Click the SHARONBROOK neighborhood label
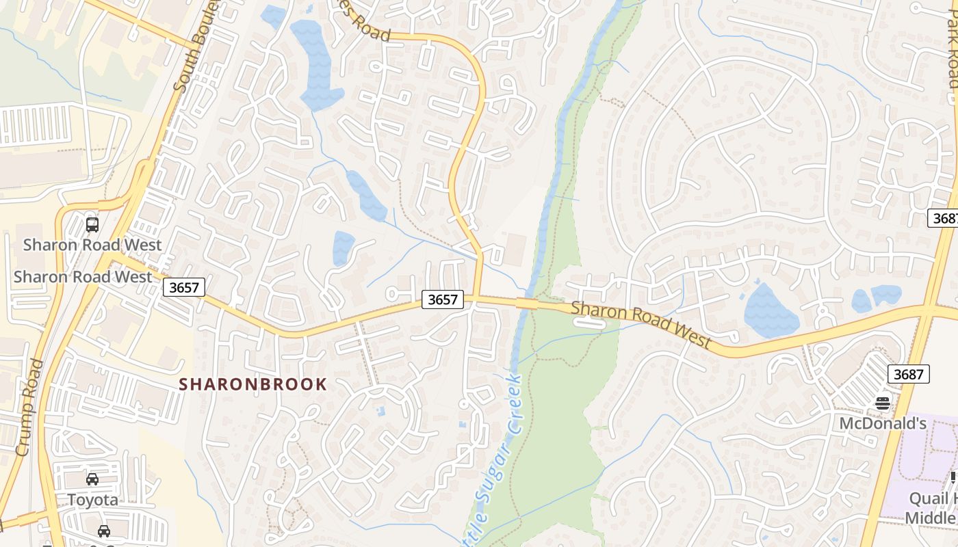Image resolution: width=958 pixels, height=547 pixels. (253, 384)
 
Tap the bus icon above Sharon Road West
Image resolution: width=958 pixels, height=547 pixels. (92, 224)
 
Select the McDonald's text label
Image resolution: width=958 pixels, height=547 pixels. (883, 423)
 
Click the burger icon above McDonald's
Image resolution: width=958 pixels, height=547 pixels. (883, 403)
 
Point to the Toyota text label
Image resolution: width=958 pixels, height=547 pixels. (92, 500)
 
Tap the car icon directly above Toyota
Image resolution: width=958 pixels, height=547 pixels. (92, 479)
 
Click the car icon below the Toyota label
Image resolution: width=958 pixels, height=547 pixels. (104, 531)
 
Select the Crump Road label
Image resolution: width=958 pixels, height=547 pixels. (29, 408)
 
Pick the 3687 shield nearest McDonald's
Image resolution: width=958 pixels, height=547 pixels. (909, 374)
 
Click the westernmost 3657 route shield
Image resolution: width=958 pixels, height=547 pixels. (184, 287)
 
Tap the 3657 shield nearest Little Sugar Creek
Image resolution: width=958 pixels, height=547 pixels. (442, 299)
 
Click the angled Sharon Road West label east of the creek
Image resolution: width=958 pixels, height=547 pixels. (641, 325)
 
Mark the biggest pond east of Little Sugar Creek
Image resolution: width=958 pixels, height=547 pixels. (770, 311)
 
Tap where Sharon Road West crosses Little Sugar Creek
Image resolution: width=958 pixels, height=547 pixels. (527, 302)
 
